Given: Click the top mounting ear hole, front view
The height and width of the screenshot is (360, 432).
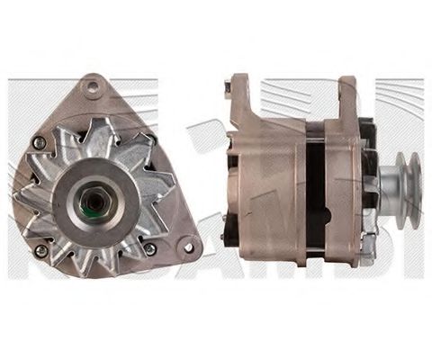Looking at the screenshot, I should coord(90,88).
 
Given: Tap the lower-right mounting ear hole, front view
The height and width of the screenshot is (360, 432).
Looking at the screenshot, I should coord(187,243).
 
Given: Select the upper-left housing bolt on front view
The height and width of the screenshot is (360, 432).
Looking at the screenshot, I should coord(38,141).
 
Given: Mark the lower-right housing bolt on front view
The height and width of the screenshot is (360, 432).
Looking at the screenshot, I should coord(149,247).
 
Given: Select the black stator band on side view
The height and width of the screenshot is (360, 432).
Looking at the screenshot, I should coord(314,193).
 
